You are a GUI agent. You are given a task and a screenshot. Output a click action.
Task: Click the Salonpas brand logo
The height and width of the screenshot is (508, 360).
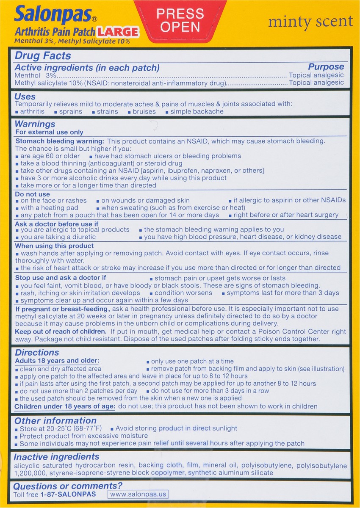[x=53, y=15]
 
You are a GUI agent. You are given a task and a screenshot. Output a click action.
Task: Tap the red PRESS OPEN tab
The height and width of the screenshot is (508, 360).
[x=180, y=20]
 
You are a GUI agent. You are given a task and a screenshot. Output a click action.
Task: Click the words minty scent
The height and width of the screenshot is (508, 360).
[x=310, y=22]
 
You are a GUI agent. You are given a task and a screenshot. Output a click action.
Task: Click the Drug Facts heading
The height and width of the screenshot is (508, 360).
[x=43, y=56]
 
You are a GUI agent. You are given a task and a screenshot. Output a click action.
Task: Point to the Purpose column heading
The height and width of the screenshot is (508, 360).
[x=326, y=67]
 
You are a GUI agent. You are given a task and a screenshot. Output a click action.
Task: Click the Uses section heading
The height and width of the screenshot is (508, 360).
[x=25, y=97]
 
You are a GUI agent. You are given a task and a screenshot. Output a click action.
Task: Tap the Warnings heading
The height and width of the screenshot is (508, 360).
[x=35, y=124]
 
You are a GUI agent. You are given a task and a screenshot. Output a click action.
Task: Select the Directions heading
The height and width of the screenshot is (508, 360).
[x=37, y=352]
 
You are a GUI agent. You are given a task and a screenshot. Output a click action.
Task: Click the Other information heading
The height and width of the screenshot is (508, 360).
[x=55, y=420]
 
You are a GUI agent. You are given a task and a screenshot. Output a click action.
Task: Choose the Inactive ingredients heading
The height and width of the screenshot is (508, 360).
[x=56, y=457]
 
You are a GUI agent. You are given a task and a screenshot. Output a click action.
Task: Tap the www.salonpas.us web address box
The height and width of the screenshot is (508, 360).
[x=138, y=494]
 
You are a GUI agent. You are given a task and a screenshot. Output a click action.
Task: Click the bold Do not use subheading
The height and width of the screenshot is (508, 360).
[x=32, y=193]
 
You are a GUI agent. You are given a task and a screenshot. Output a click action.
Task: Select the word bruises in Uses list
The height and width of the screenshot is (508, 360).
[x=144, y=112]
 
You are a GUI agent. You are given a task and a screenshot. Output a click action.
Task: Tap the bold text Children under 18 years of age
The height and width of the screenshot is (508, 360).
[x=65, y=406]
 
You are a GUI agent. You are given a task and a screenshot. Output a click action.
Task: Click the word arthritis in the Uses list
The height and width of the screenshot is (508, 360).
[x=32, y=112]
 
